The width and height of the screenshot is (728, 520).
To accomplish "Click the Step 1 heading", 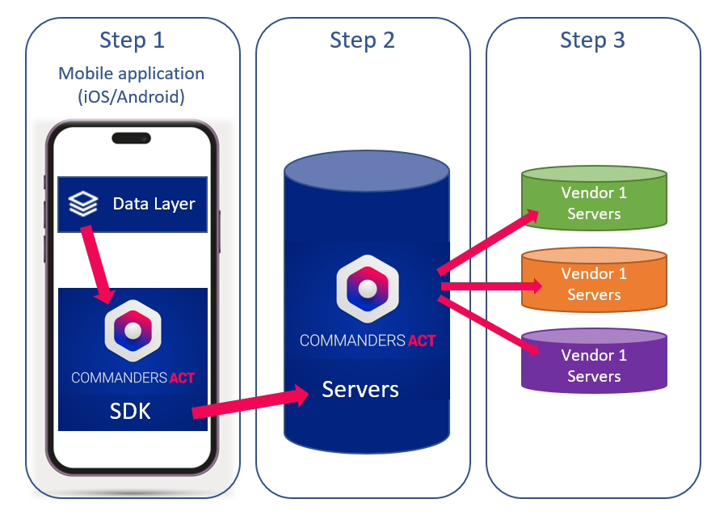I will pos(133,40).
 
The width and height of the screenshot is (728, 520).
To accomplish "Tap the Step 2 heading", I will pos(362,40).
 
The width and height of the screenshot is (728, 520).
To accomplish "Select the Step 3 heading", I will pos(592,40).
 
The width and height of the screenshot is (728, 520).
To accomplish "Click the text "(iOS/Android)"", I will pos(132,97).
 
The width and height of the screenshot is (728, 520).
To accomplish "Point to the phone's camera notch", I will pos(132,138).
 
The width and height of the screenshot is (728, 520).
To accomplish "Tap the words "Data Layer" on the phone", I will pos(154,204).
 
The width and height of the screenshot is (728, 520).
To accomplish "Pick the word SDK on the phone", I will pos(130,411).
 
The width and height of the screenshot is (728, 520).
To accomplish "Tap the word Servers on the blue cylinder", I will pos(360,389).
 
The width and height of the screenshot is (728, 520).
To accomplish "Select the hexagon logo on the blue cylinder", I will pos(368,288).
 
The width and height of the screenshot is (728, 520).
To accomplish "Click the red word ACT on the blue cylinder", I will pos(421,340).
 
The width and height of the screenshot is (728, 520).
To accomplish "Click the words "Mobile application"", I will pos(132,74).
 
